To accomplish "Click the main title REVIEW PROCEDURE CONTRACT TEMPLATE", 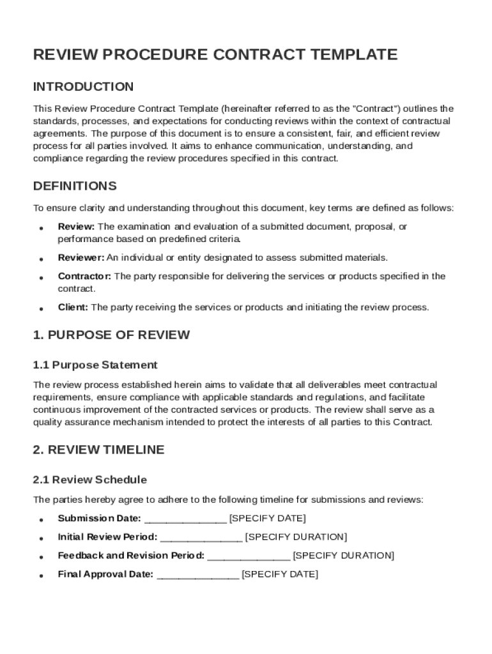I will (x=215, y=55).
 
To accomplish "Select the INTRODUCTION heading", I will (x=83, y=87).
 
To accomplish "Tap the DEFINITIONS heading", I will (x=75, y=186).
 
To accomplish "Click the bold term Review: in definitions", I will (x=76, y=227).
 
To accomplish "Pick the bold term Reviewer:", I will (x=81, y=257).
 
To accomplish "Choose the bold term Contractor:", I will (x=84, y=277).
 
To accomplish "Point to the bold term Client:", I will (x=73, y=307).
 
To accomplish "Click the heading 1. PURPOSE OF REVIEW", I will (x=111, y=335).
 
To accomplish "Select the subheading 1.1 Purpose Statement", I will (x=95, y=365).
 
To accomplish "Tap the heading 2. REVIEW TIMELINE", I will (x=98, y=450).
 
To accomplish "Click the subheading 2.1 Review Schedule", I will (x=89, y=480).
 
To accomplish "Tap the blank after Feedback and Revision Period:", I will (x=249, y=556).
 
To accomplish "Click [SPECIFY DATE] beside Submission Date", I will (x=267, y=518).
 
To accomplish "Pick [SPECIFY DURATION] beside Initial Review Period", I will (x=296, y=536).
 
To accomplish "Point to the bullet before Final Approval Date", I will (x=41, y=575).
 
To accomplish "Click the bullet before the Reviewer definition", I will (x=41, y=259).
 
